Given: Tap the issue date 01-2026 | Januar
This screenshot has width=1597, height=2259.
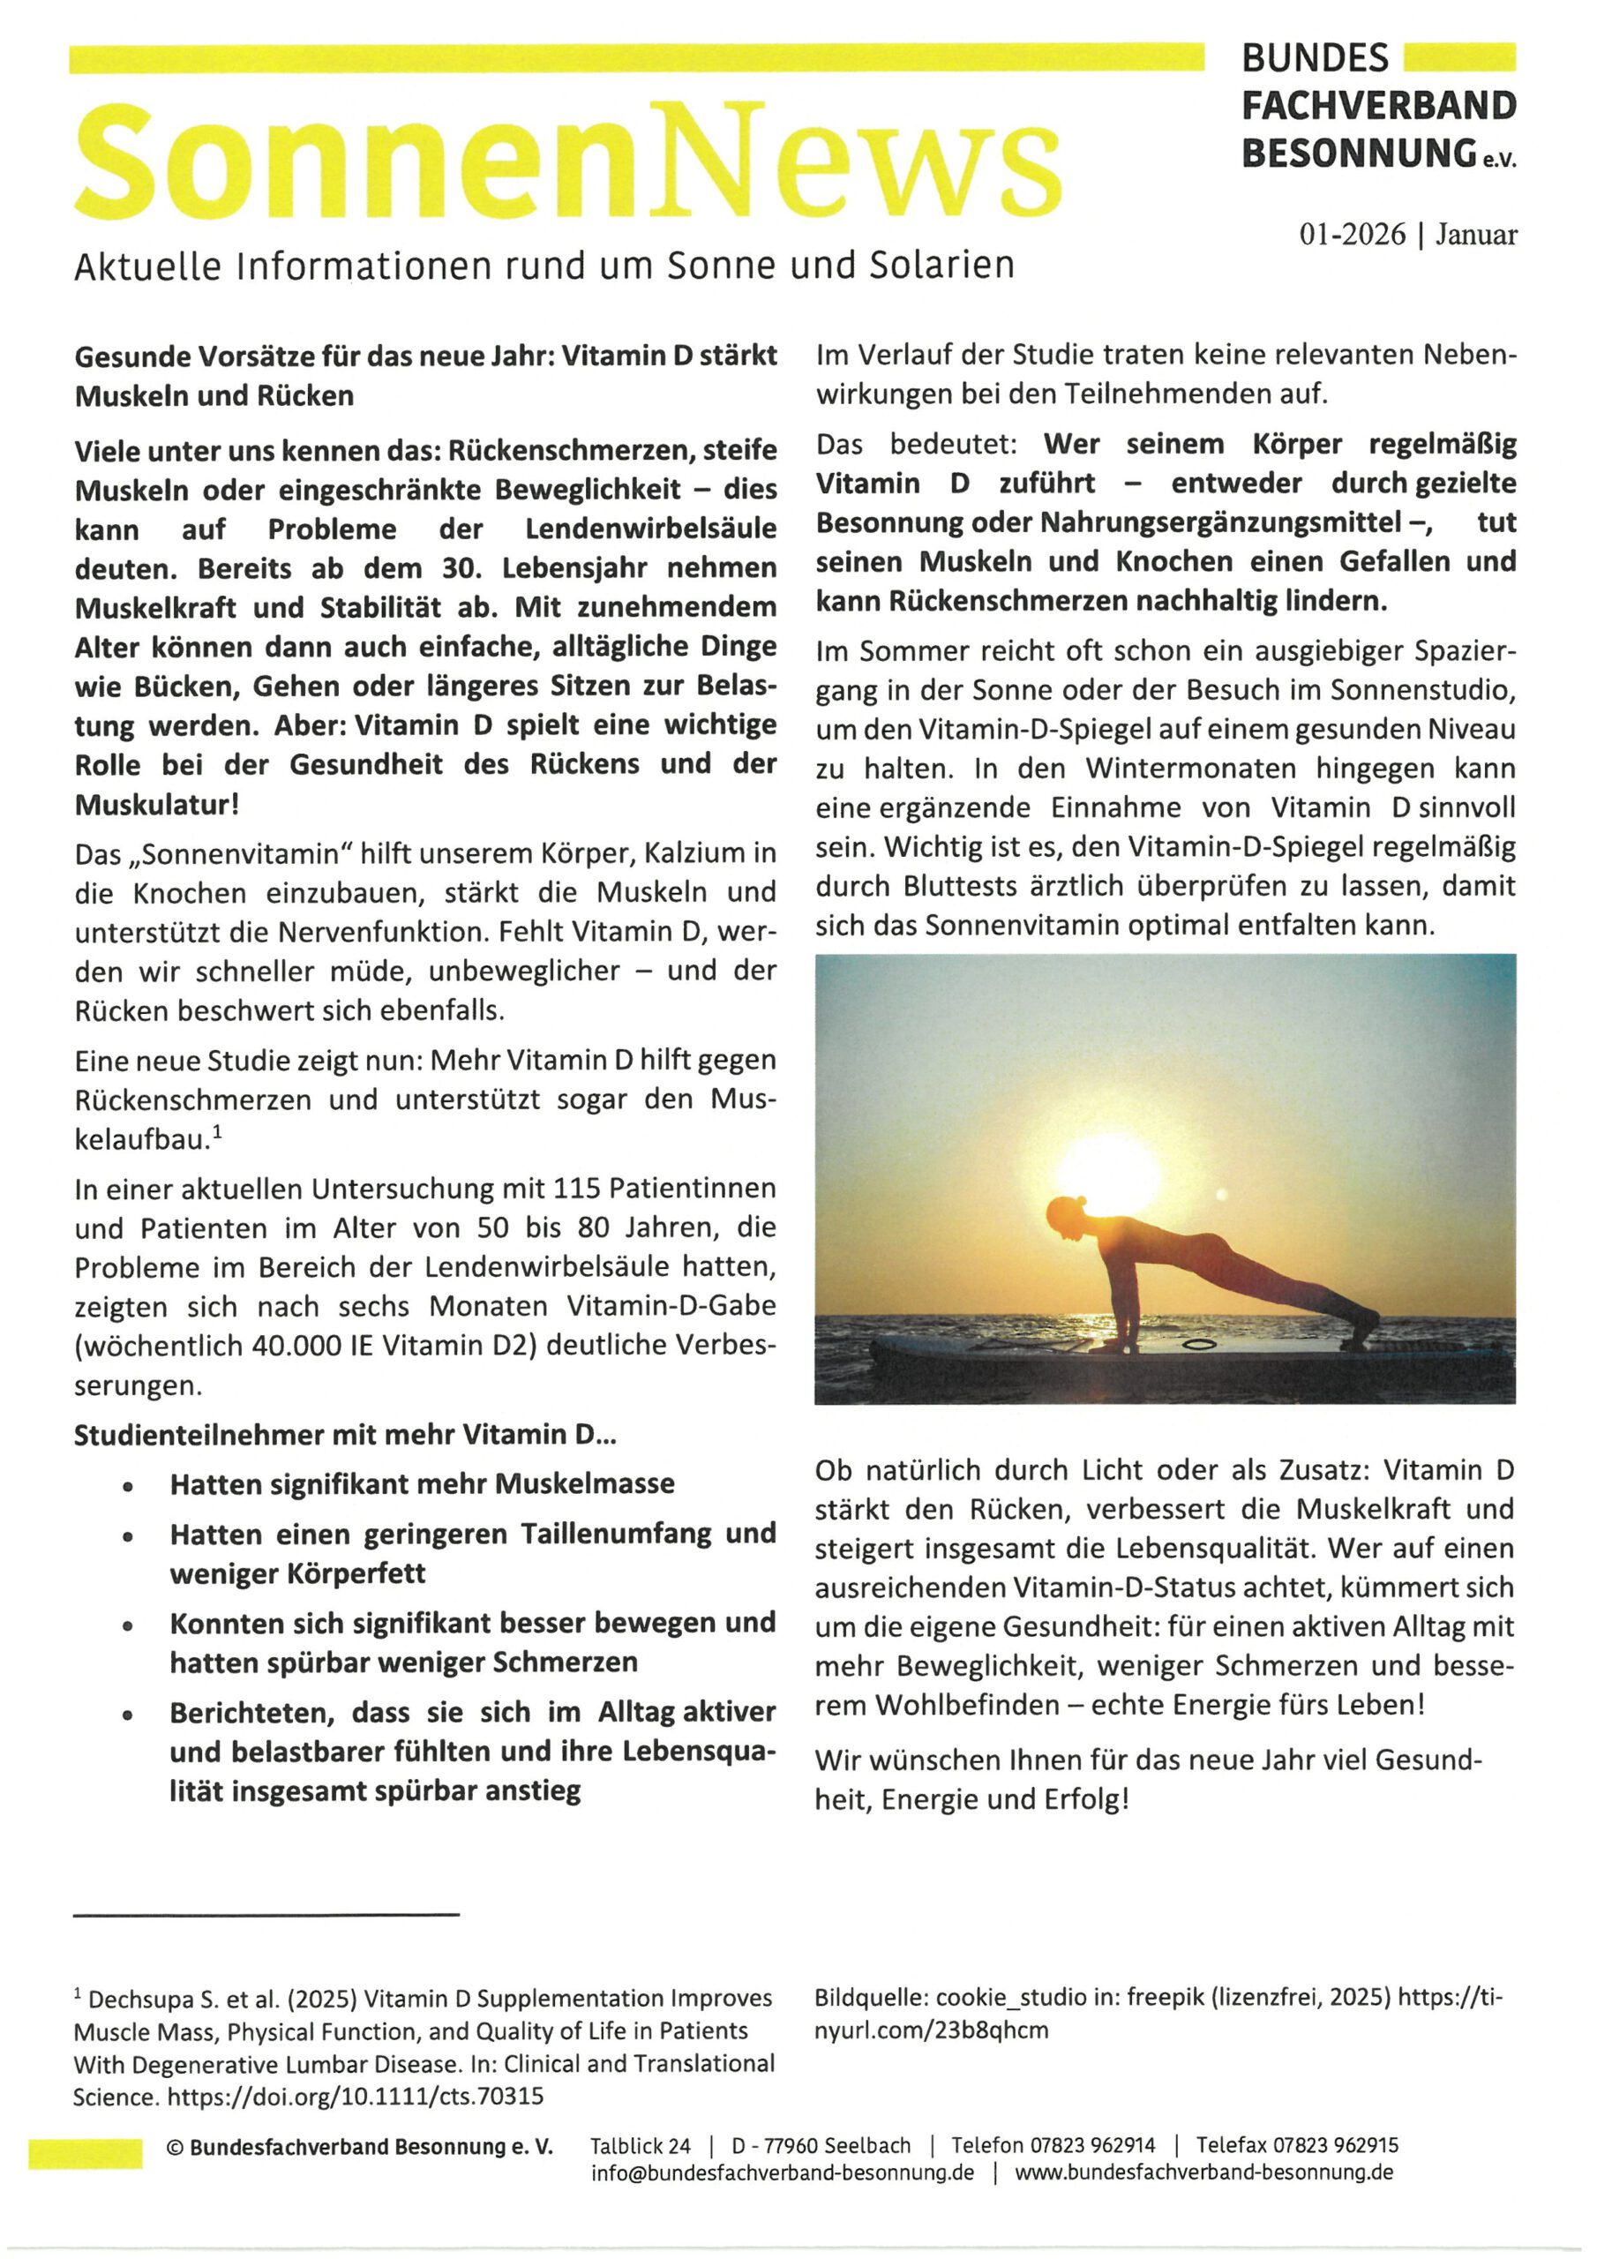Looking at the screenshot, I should (x=1407, y=235).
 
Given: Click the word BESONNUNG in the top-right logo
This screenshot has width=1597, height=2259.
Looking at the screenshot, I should (x=1359, y=154).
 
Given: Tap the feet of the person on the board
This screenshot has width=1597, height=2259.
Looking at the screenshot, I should (x=1363, y=1321).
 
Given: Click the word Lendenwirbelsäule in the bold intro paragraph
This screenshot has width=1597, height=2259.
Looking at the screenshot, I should (x=650, y=529).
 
